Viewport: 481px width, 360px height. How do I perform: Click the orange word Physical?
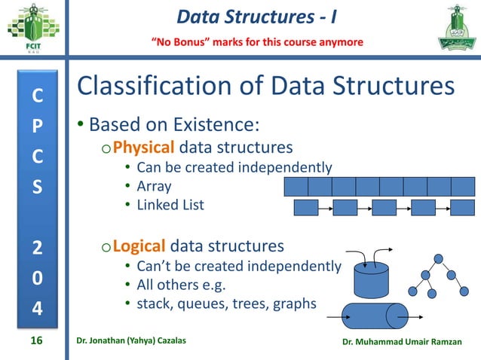coord(139,145)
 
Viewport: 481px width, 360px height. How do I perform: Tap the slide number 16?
coord(35,341)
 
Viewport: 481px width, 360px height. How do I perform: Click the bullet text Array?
coord(154,186)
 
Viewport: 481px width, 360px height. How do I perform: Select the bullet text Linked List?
coord(170,205)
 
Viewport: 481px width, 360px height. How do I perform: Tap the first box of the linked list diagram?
coord(305,207)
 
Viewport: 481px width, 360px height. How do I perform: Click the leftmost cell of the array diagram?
coord(296,187)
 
